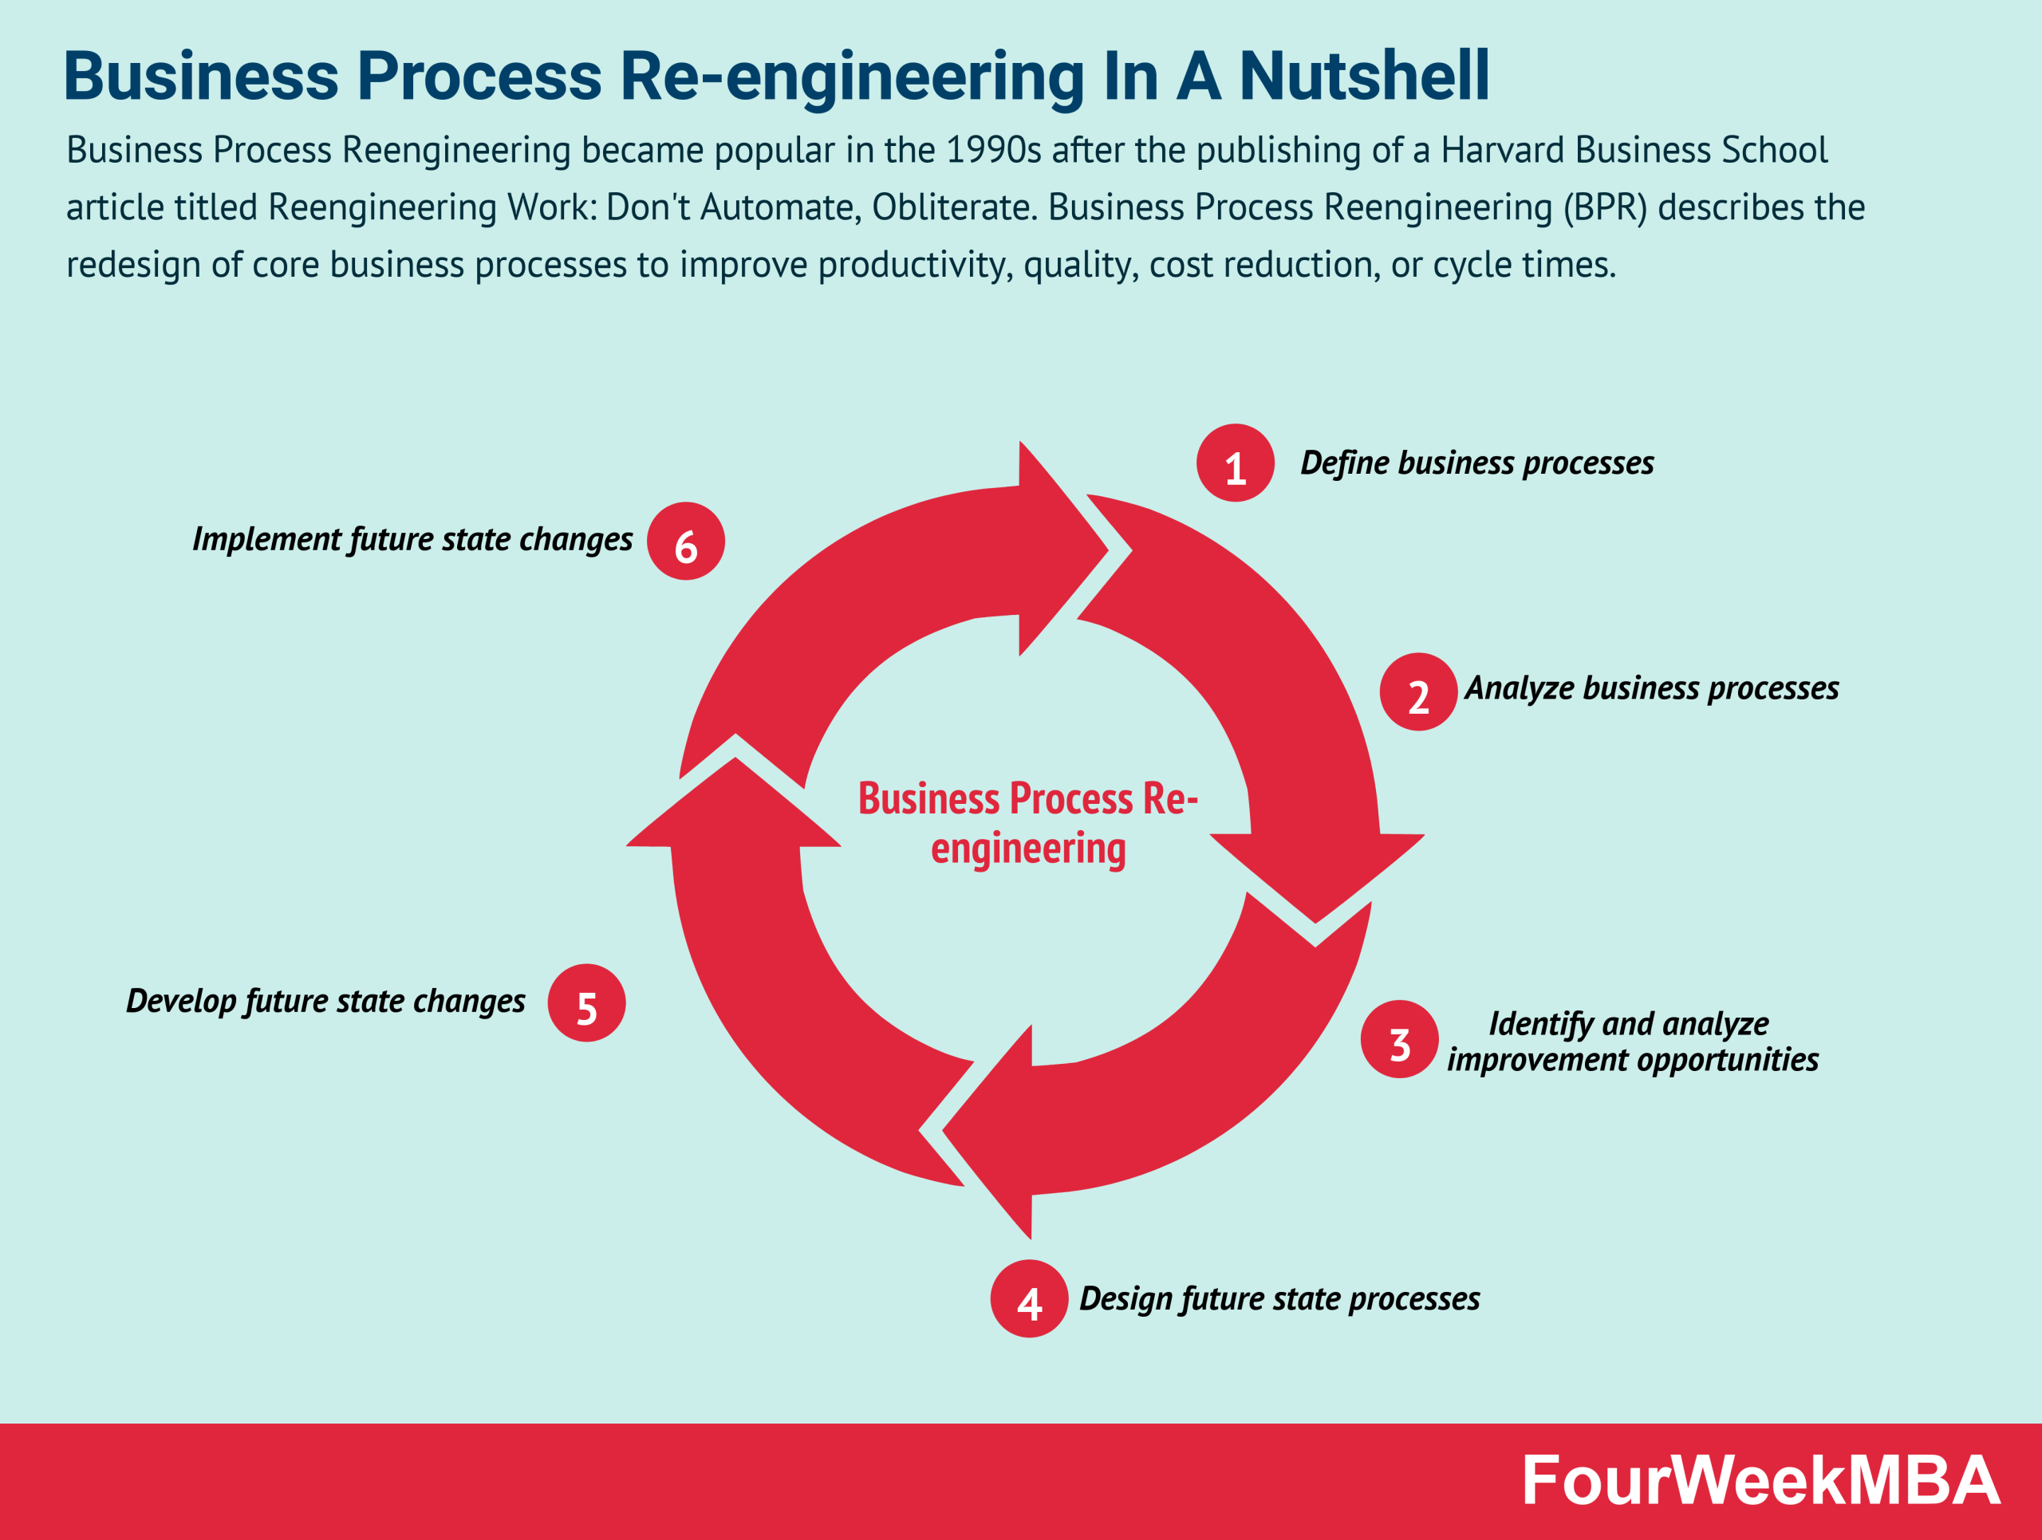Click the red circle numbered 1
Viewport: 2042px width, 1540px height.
pos(1235,463)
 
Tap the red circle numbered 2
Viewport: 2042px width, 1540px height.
pos(1418,692)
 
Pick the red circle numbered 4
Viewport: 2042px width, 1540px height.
pos(1029,1298)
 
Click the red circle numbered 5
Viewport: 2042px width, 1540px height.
pos(586,1003)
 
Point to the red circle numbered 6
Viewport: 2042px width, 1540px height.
pos(686,541)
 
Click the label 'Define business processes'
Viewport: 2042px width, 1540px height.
pos(1476,463)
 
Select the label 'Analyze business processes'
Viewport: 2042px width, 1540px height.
pos(1650,688)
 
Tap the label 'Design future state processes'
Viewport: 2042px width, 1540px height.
pos(1279,1298)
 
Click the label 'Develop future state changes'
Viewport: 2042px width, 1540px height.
pos(325,1001)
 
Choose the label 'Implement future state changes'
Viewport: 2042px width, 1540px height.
pos(412,539)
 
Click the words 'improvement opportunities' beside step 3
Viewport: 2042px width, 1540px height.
pos(1632,1059)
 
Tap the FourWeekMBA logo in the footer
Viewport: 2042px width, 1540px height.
pos(1760,1481)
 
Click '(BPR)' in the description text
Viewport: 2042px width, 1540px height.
pos(1604,207)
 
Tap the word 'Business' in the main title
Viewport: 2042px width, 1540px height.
pos(200,76)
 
